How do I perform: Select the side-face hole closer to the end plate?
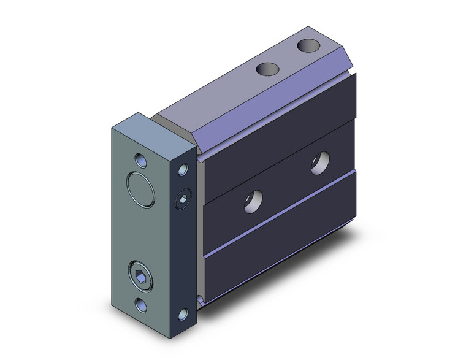253,201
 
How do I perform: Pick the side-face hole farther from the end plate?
318,164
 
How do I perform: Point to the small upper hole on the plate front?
143,161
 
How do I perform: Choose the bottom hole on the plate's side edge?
183,315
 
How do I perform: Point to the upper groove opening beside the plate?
201,159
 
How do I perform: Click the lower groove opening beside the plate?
201,299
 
